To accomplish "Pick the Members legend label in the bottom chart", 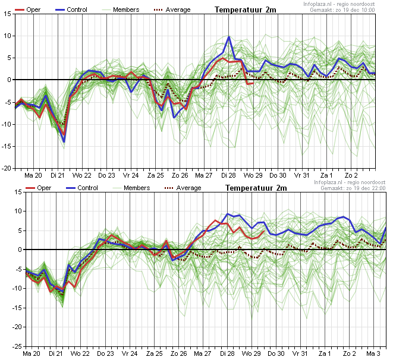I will [x=137, y=188].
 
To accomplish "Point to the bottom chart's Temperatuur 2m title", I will [x=256, y=188].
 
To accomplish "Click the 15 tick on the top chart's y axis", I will [x=6, y=14].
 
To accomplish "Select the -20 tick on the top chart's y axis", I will [x=5, y=168].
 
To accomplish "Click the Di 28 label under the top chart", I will [x=228, y=176].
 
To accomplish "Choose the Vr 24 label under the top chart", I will [x=131, y=176].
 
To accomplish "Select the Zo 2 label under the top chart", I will [x=350, y=176].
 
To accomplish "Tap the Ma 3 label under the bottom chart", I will [x=373, y=353].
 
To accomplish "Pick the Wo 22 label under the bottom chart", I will [x=82, y=353].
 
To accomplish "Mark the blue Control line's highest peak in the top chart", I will [x=229, y=37].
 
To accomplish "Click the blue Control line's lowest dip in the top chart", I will [x=64, y=141].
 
